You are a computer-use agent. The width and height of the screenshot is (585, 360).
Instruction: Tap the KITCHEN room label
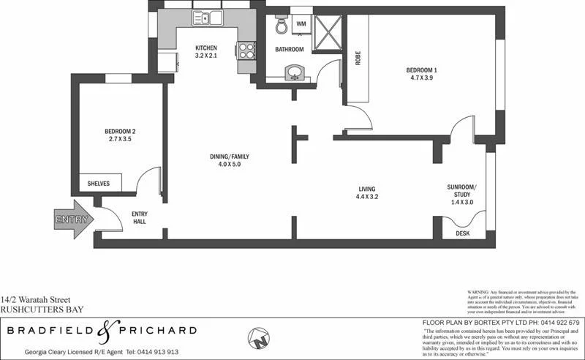point(205,48)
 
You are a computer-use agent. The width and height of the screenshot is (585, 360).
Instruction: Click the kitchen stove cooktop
point(245,50)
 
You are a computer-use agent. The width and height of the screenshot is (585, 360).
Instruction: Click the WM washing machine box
point(301,24)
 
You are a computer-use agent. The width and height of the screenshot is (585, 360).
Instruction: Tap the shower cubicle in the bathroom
point(326,30)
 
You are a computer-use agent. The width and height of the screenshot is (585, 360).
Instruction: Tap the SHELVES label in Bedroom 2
point(98,184)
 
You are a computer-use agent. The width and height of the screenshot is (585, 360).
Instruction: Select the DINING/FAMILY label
point(230,157)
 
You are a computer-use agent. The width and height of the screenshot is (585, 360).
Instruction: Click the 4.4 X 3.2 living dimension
point(366,197)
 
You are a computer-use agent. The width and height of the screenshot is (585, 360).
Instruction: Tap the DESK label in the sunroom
point(462,233)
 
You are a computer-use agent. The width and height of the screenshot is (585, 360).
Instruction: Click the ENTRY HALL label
point(140,217)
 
